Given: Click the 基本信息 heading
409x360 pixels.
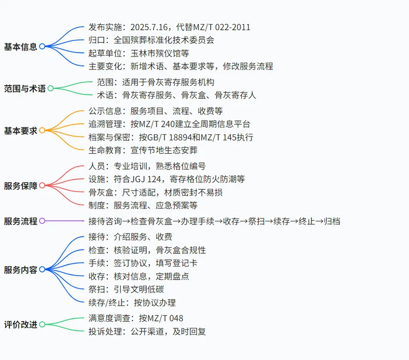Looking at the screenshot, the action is coord(20,46).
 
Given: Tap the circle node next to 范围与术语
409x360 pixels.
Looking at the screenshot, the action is coord(51,88).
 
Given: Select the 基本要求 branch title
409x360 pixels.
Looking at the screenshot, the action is coord(20,131).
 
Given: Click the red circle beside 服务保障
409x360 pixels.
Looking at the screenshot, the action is coord(42,185).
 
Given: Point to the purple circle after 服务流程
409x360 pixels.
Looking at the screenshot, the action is coord(42,221).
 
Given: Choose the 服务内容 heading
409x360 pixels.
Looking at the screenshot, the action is coord(20,270).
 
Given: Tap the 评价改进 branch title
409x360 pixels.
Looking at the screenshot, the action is coord(20,325).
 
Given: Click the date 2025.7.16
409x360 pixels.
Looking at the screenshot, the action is coord(149,27).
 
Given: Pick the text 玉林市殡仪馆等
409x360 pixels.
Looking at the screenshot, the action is coord(160,53).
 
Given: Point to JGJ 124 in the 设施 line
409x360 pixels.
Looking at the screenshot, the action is coord(146,179).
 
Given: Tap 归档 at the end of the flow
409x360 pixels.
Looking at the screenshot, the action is coord(332,221).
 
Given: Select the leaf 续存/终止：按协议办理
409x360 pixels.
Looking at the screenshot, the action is coord(132,302).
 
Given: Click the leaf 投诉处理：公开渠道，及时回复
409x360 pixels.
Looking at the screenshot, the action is coord(147,331).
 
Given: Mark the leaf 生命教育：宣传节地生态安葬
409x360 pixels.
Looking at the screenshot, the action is coord(143,150).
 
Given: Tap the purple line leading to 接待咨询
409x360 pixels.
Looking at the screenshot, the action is coord(64,221).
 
